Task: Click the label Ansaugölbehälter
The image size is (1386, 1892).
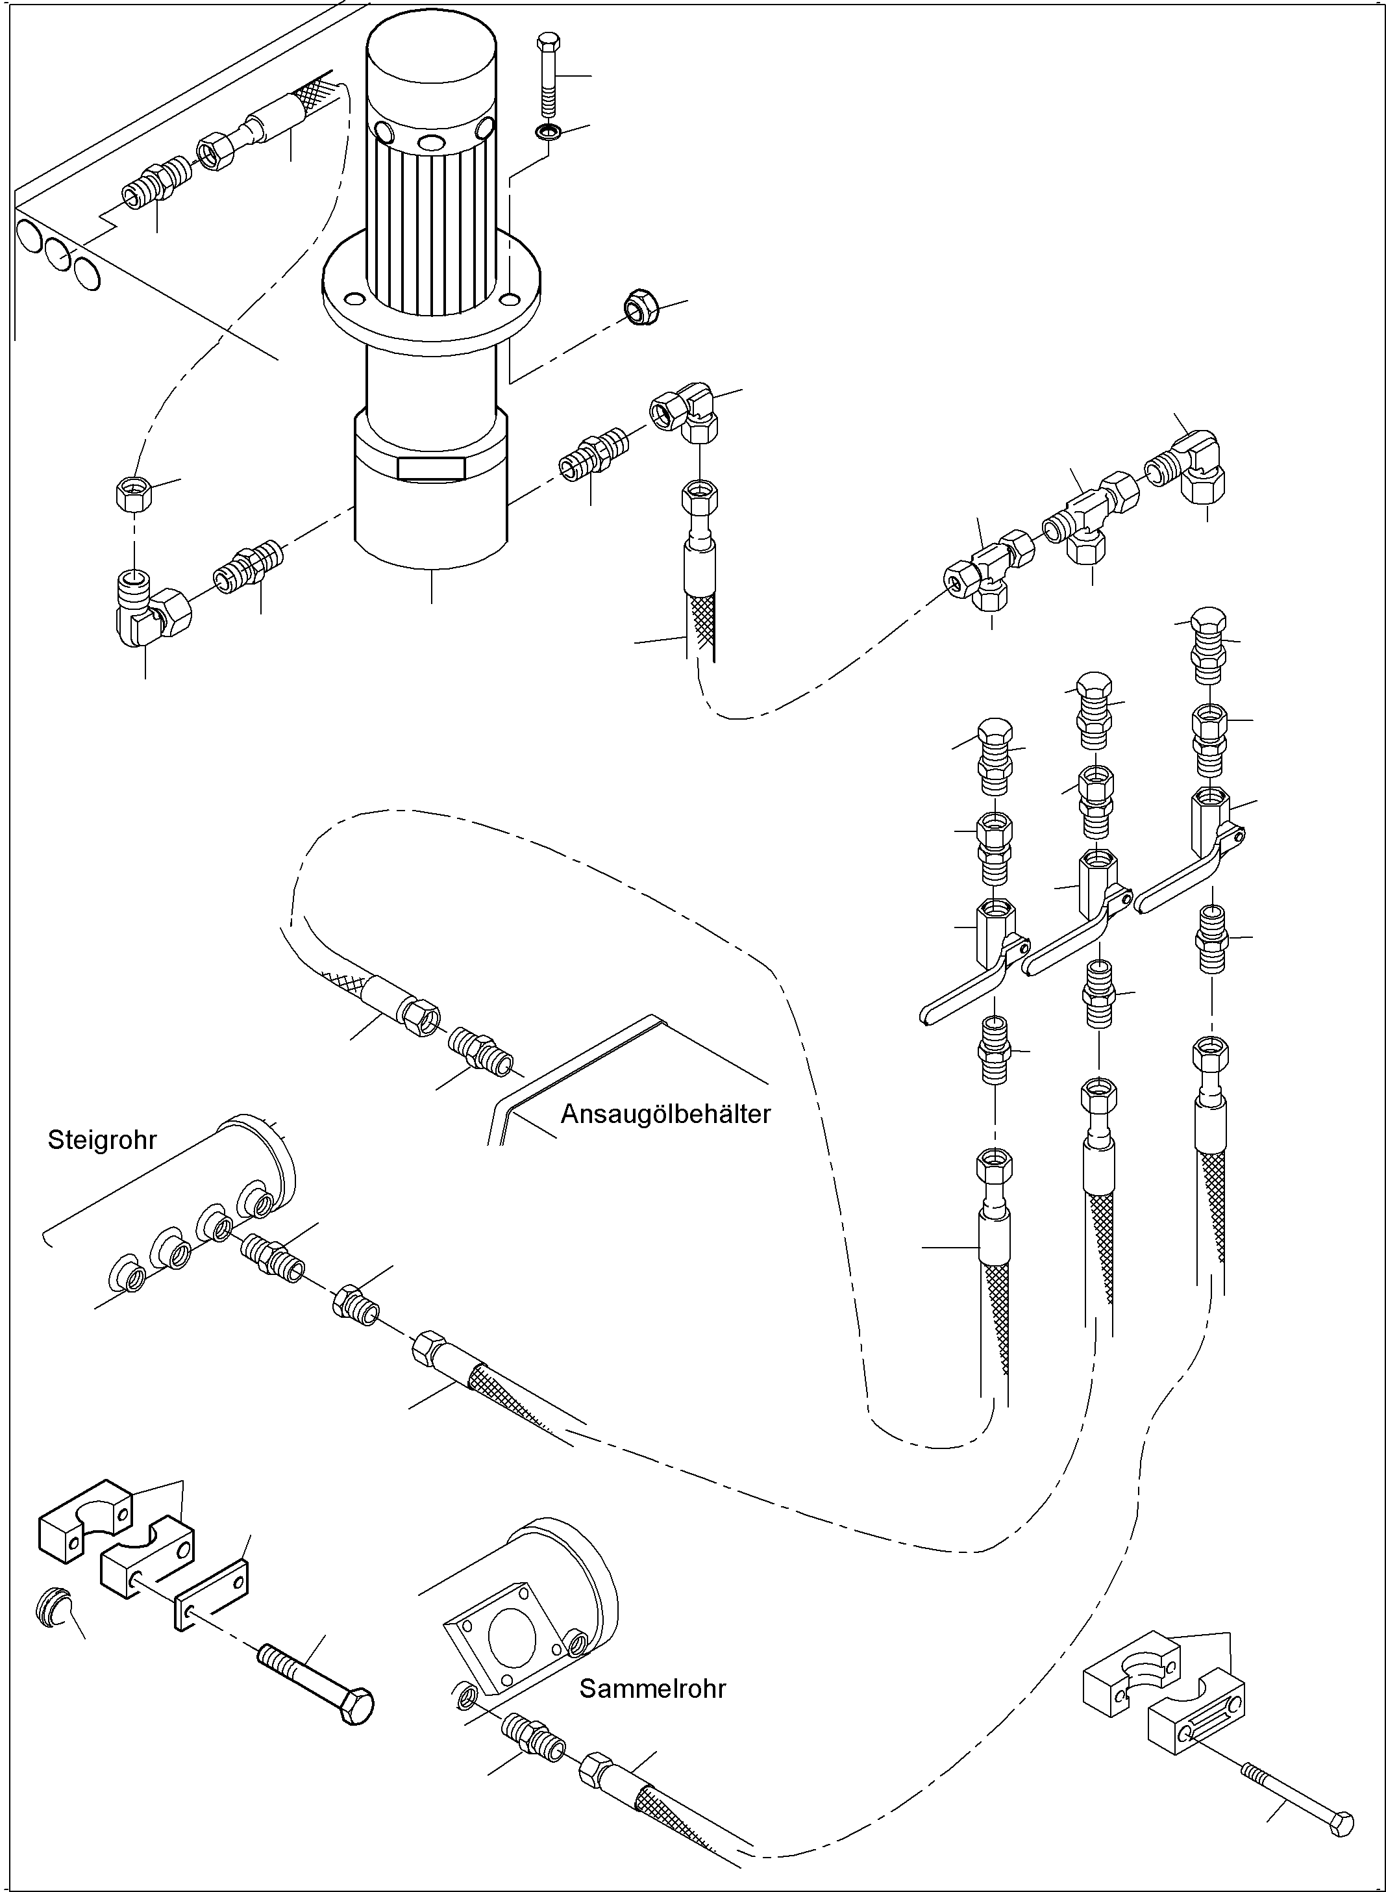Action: pos(665,1114)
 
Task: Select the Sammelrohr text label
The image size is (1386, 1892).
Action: pos(652,1688)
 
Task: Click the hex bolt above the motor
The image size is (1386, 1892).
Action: pos(547,75)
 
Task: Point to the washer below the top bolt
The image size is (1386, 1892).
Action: pos(548,132)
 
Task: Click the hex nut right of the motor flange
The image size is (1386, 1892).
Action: pos(643,307)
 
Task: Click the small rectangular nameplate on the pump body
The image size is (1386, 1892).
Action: pos(431,468)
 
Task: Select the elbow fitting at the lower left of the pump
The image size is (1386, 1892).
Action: pos(151,614)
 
